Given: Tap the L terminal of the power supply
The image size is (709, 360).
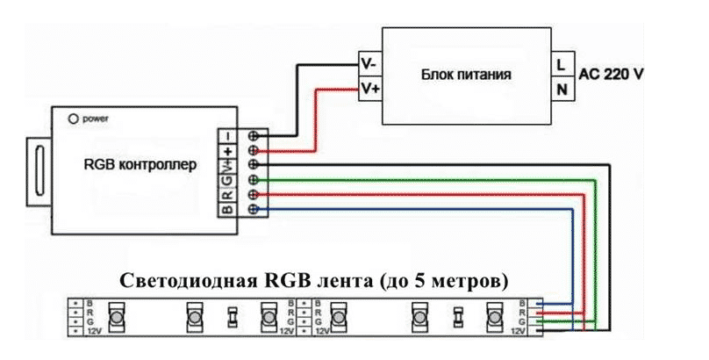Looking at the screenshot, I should pos(559,64).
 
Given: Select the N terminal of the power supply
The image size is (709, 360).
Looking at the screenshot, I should pos(559,89).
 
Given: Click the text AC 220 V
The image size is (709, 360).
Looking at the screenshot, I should pos(611,76).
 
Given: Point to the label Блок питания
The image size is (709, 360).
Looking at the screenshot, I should pos(466,76).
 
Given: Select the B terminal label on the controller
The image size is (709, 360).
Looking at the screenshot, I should pos(226,208).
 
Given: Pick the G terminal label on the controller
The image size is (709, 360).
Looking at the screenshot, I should pos(226,179).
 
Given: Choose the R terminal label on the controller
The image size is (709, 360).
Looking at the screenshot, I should pos(226,194).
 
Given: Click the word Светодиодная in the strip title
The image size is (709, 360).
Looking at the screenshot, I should pos(181,283).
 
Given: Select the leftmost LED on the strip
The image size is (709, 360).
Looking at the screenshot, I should pos(115,315).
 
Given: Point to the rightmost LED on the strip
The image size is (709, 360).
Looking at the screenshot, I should pos(492,315).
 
